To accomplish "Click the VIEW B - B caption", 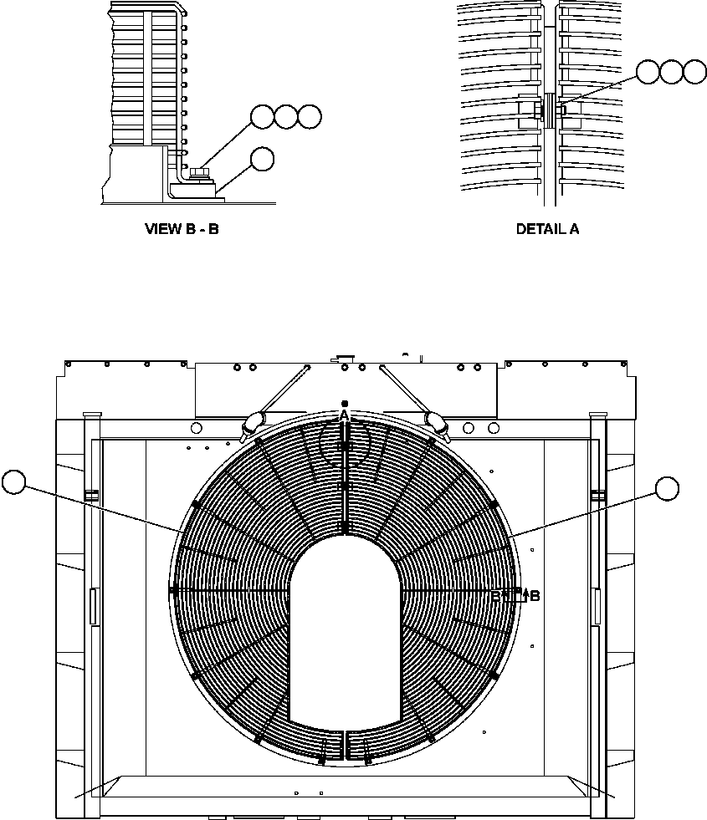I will [182, 228].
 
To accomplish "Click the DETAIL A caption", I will [547, 228].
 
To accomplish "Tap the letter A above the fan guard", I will [344, 415].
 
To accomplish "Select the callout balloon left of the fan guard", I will [15, 482].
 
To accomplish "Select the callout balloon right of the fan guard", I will [667, 489].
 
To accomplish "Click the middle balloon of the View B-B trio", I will [286, 117].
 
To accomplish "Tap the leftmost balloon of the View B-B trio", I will [263, 117].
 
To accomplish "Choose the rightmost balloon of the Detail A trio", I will [694, 72].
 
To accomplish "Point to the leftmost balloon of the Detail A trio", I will [648, 72].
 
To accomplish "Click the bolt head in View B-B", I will [198, 173].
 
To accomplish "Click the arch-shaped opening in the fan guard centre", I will [345, 627].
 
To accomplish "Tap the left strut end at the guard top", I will [252, 424].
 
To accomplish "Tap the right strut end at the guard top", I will [437, 424].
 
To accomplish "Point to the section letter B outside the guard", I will [535, 596].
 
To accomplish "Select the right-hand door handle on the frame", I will [596, 606].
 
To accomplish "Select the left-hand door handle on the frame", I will [92, 606].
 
